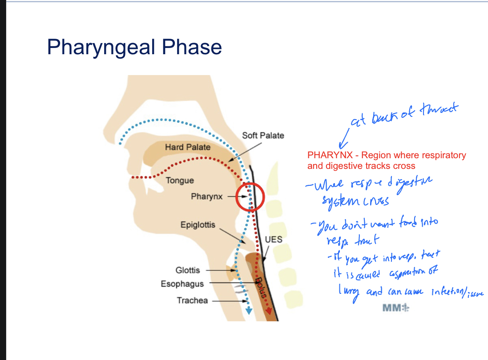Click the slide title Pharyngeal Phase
tap(134, 47)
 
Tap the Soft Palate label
tap(262, 136)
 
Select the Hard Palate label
tap(188, 147)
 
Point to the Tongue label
tap(180, 180)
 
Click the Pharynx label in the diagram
tap(206, 196)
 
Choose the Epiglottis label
tap(198, 225)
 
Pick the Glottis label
tap(188, 270)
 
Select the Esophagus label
tap(182, 284)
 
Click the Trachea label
tap(192, 300)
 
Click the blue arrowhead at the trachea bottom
tap(249, 312)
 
